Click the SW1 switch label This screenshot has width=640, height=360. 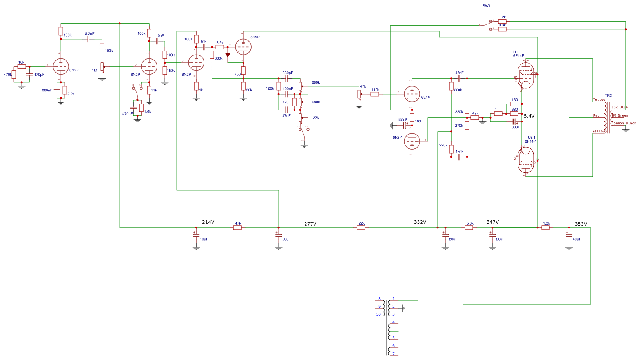click(486, 6)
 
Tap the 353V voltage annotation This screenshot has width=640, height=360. click(581, 224)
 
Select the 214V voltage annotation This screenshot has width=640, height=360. click(208, 222)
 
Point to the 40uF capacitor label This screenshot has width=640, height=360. click(576, 239)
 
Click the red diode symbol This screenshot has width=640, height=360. click(228, 55)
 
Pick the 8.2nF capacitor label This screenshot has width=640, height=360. click(89, 34)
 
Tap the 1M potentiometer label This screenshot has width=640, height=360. click(94, 71)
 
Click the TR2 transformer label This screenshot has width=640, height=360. click(608, 96)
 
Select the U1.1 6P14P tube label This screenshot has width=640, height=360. click(518, 54)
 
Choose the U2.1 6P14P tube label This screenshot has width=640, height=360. click(531, 139)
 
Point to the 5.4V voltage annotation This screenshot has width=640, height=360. click(529, 116)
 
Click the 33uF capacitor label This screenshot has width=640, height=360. click(516, 127)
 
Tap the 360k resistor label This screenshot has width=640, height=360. click(219, 58)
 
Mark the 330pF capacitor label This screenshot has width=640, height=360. click(288, 73)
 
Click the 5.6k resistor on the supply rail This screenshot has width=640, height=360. click(469, 228)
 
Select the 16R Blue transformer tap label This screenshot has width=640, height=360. click(620, 107)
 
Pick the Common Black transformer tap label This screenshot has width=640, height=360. click(624, 123)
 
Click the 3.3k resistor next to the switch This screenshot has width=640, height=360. click(502, 29)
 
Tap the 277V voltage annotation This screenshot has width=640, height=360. click(310, 224)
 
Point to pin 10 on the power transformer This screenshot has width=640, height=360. click(378, 314)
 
